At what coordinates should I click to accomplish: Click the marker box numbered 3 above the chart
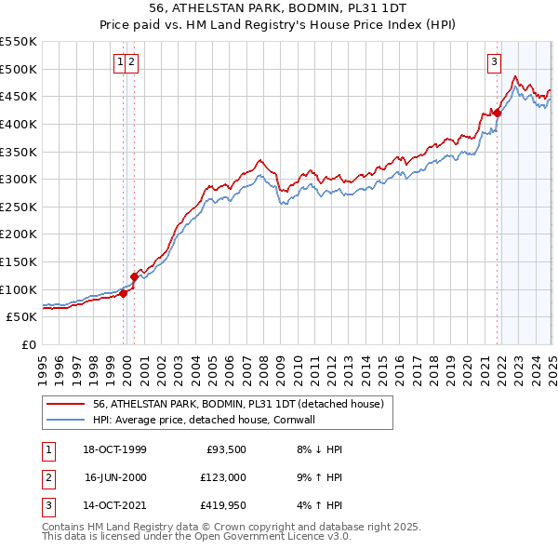493,62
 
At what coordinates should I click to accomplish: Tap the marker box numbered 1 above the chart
120,62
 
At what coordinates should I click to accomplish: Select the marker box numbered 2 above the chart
132,62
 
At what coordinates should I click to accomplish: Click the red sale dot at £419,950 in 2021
497,114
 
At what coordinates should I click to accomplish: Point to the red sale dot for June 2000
134,276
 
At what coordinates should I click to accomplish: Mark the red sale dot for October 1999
123,293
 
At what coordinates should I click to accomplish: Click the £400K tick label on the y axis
18,124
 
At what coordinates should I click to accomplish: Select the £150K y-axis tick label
18,261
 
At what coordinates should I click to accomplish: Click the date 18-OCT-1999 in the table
114,449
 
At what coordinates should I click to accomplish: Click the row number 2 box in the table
46,478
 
